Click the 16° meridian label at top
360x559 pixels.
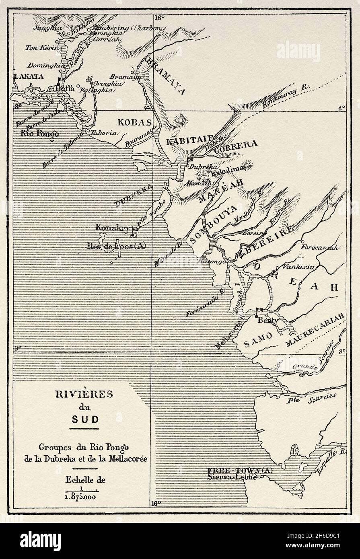(159, 18)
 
